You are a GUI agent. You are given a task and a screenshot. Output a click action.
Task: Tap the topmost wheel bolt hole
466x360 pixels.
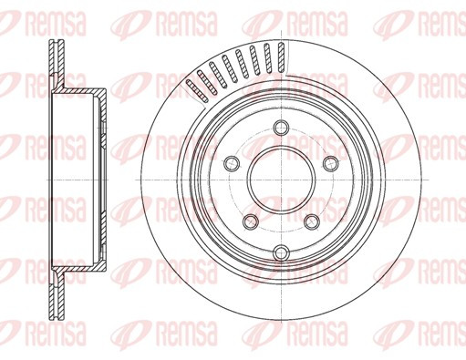click(281, 128)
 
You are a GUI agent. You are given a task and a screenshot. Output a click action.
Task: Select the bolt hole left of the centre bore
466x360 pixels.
click(232, 164)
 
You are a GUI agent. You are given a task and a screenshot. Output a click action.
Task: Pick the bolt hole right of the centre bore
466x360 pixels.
click(331, 164)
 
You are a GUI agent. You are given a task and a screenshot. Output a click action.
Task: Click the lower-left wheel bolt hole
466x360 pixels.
click(251, 221)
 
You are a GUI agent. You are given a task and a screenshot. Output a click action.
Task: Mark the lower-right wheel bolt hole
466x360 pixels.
click(312, 221)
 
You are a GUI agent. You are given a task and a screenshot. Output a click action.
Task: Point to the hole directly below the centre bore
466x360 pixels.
click(281, 252)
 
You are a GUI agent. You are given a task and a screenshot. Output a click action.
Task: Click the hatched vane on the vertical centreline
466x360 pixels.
click(282, 57)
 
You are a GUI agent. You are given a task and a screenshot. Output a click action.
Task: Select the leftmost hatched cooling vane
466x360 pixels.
click(197, 91)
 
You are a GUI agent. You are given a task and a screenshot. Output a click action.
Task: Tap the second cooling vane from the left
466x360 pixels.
click(207, 82)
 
